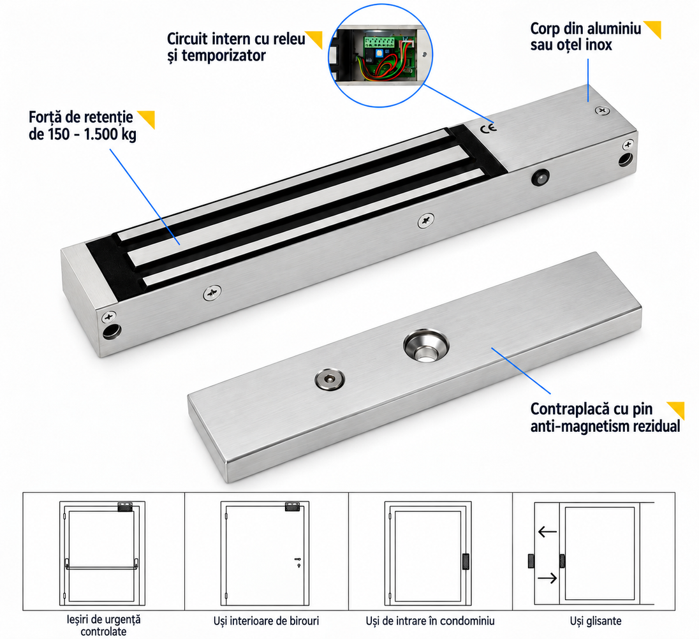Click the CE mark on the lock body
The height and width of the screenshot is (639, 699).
(488, 129)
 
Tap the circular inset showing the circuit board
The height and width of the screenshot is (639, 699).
(380, 55)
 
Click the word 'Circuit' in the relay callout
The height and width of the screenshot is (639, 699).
(188, 39)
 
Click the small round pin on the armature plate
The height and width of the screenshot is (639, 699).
(329, 379)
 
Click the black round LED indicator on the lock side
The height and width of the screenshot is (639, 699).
(541, 178)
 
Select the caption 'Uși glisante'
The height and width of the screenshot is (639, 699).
(596, 621)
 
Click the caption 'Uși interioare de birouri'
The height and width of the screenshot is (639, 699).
(266, 621)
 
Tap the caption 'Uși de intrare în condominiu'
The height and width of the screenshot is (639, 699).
(430, 621)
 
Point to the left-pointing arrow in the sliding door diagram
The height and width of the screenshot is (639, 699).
(547, 532)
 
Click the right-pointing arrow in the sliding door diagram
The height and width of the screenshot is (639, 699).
(547, 578)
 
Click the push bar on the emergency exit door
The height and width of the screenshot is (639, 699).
(102, 568)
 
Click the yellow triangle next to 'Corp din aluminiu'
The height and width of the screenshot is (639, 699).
(654, 29)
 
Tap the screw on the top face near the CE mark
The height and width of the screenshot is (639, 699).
(602, 110)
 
